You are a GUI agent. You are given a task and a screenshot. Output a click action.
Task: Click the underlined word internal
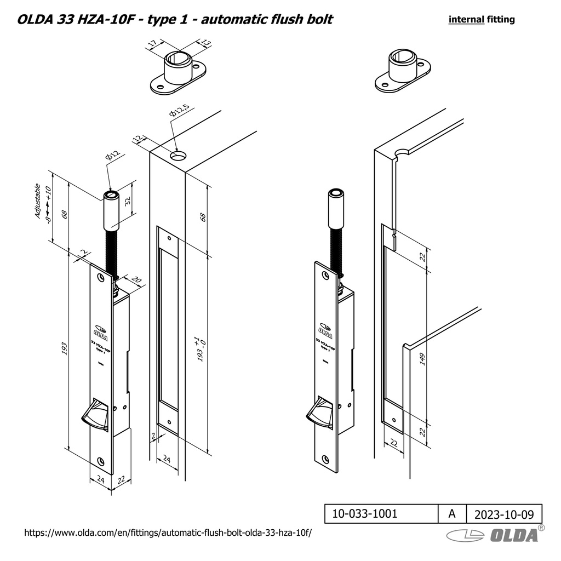tap(466, 20)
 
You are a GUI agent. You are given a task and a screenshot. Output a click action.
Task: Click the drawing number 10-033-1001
tap(365, 514)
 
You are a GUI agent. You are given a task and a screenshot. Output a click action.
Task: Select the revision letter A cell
tap(451, 514)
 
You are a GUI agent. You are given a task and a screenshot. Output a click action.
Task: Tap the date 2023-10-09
tap(503, 514)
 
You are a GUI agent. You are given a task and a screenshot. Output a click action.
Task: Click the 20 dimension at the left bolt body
tap(135, 281)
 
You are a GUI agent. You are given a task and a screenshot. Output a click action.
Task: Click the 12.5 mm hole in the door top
tap(177, 156)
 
